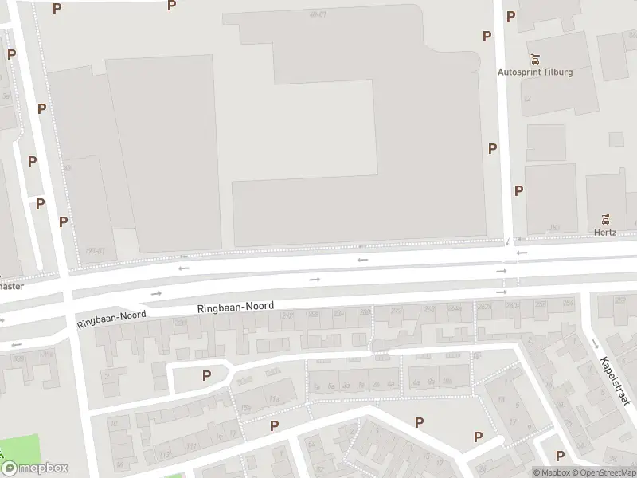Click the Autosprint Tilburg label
[x=535, y=72]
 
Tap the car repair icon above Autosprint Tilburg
[x=535, y=57]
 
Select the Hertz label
[x=605, y=233]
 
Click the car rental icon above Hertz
[x=605, y=219]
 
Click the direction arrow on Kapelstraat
[x=595, y=344]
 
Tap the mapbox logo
[x=34, y=468]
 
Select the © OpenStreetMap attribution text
[x=607, y=472]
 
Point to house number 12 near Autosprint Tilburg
[x=527, y=99]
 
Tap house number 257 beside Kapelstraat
[x=621, y=300]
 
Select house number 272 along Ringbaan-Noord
[x=397, y=310]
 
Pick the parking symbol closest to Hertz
[x=518, y=190]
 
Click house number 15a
[x=275, y=399]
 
